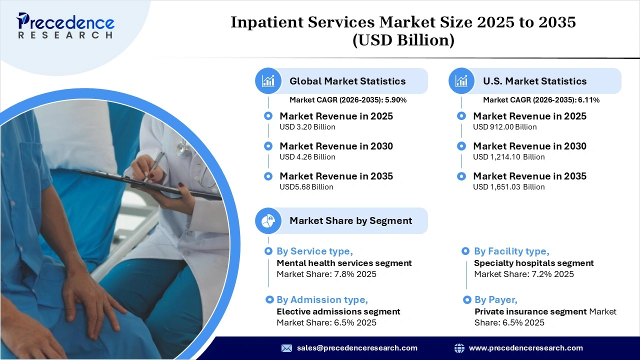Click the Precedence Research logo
pyautogui.click(x=65, y=25)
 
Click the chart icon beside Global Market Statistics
pyautogui.click(x=268, y=81)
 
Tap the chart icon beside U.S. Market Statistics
pyautogui.click(x=461, y=81)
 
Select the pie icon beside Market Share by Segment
pyautogui.click(x=268, y=220)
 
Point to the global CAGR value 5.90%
pyautogui.click(x=395, y=100)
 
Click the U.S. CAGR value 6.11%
pyautogui.click(x=589, y=100)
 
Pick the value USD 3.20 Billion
pyautogui.click(x=307, y=127)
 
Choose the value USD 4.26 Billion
pyautogui.click(x=307, y=157)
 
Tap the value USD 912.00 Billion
pyautogui.click(x=504, y=127)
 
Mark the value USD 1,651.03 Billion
pyautogui.click(x=508, y=187)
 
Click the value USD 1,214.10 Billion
pyautogui.click(x=508, y=157)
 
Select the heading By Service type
pyautogui.click(x=314, y=251)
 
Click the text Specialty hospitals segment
pyautogui.click(x=533, y=263)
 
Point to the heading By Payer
pyautogui.click(x=495, y=299)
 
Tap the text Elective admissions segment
pyautogui.click(x=338, y=311)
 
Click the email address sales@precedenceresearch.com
pyautogui.click(x=357, y=348)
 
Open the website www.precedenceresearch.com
pyautogui.click(x=525, y=348)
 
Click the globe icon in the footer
pyautogui.click(x=459, y=348)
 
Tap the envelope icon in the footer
pyautogui.click(x=286, y=348)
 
